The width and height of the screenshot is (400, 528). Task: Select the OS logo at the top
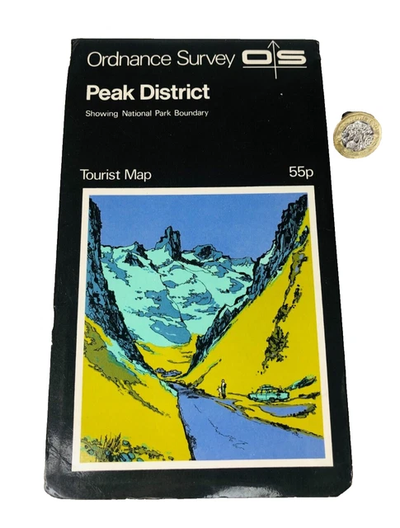point(274,59)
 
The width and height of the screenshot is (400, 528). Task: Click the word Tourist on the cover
point(100,174)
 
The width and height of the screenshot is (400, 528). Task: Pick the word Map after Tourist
point(138,175)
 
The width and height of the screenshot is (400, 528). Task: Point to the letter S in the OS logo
point(292,59)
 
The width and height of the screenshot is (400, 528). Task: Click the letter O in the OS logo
point(256,59)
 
